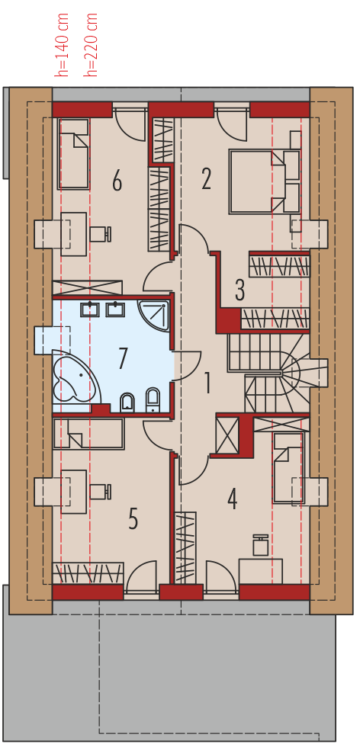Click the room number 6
(x=117, y=181)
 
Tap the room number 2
(x=206, y=181)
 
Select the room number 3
(x=239, y=290)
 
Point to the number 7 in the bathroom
(x=123, y=358)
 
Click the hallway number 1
(x=207, y=383)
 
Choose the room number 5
(x=133, y=518)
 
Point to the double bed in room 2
(x=265, y=181)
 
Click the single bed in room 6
(x=74, y=154)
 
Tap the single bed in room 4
(x=288, y=467)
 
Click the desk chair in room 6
(x=101, y=233)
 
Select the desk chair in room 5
(x=101, y=491)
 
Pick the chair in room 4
(x=261, y=545)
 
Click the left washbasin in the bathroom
(x=89, y=309)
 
